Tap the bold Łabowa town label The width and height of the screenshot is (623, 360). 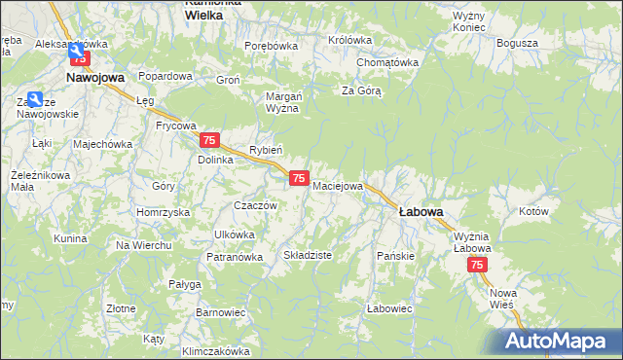(x=421, y=211)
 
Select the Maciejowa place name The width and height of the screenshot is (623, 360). (x=338, y=185)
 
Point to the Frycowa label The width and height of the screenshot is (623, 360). (x=176, y=126)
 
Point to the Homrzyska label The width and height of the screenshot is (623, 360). (x=163, y=212)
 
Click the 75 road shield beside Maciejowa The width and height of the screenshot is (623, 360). (x=300, y=178)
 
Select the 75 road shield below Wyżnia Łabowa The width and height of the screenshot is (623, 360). (x=477, y=265)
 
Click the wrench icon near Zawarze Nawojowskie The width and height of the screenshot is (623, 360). (x=36, y=99)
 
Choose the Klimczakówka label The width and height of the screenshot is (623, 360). (x=215, y=350)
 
